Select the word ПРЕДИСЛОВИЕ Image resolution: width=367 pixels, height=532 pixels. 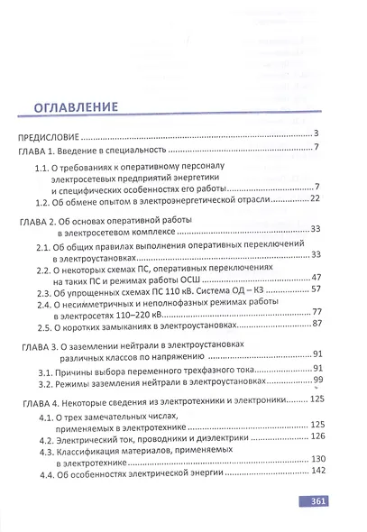pos(50,137)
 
